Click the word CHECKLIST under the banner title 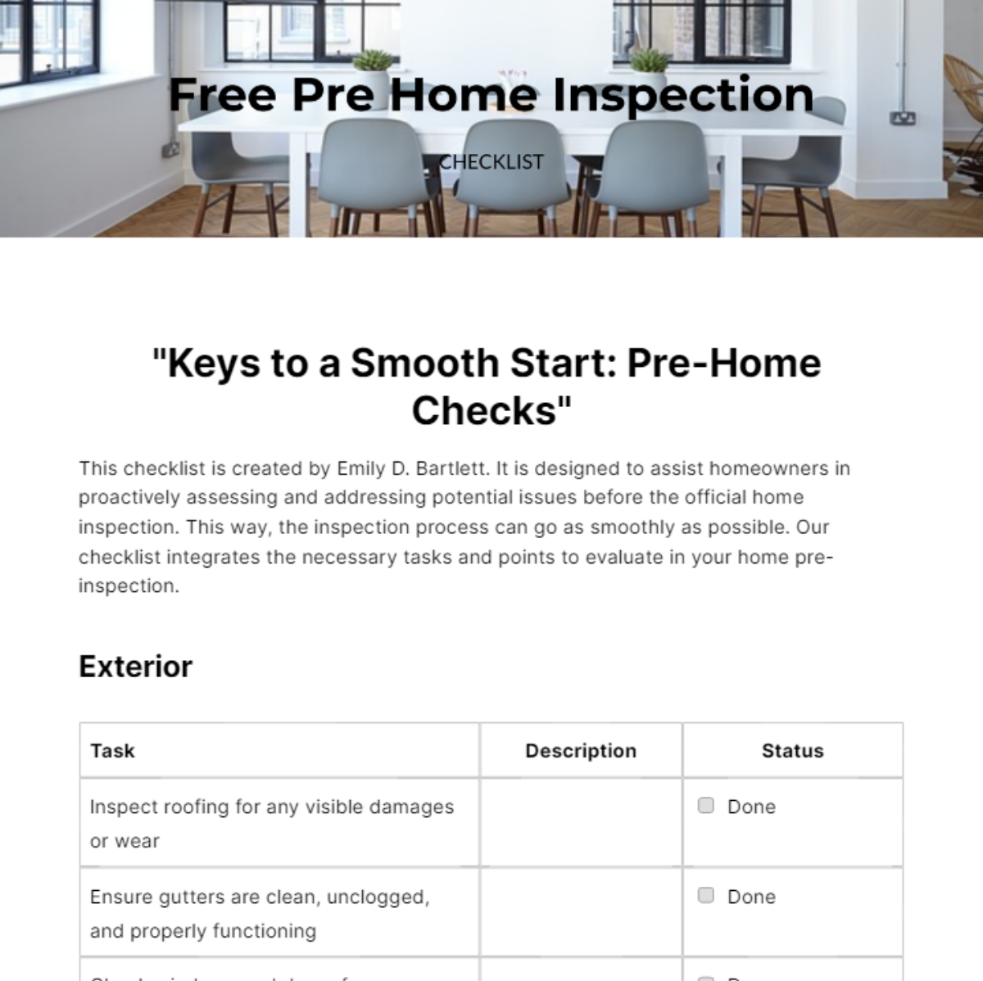click(491, 162)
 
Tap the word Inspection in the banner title click(683, 95)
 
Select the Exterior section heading click(135, 667)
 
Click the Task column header click(112, 751)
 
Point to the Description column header click(581, 751)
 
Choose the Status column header click(792, 751)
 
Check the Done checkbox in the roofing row click(705, 806)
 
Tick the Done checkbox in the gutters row click(705, 896)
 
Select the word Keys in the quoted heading click(208, 364)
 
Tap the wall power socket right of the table click(903, 119)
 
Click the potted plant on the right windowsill click(649, 62)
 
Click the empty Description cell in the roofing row click(581, 822)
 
